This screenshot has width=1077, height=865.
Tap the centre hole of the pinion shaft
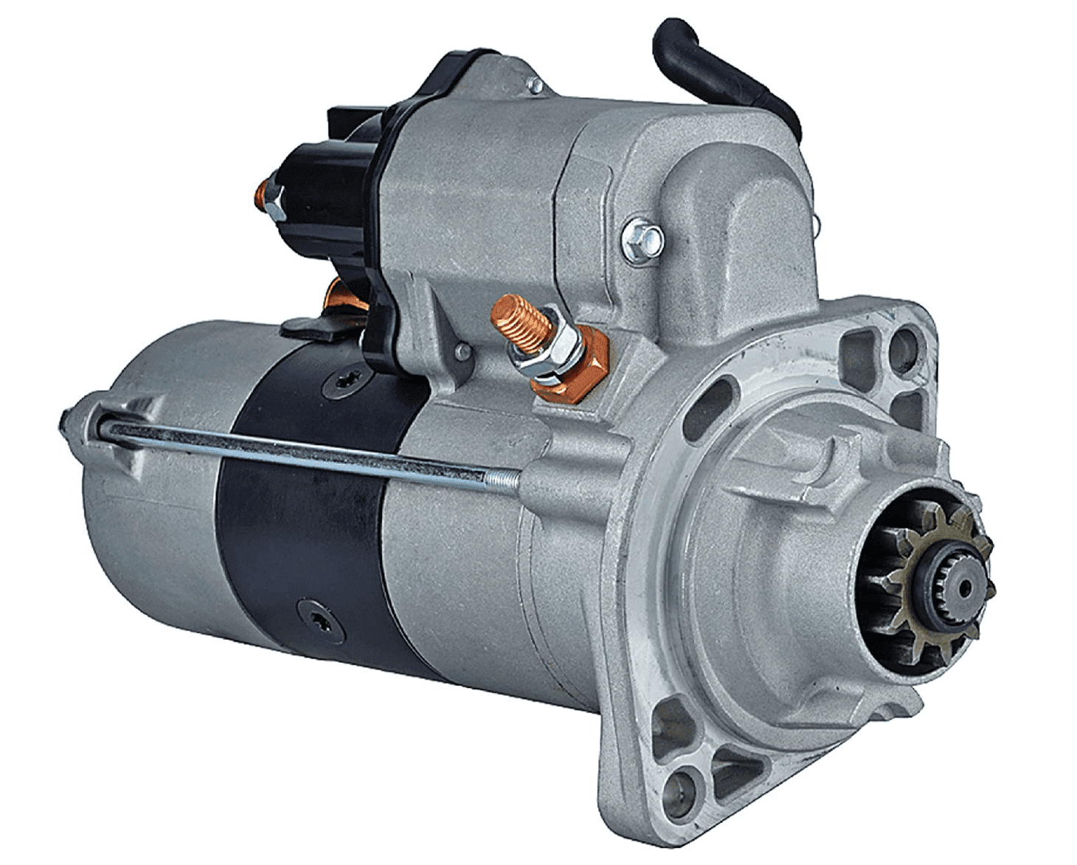tap(964, 588)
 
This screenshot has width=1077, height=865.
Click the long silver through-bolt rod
tap(310, 450)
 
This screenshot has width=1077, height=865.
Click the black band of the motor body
tap(302, 517)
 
